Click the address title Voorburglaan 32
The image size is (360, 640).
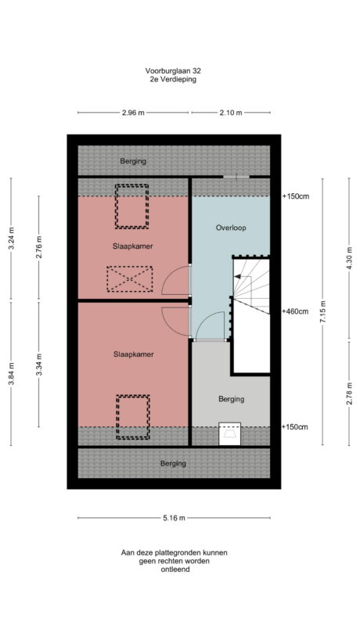pyautogui.click(x=174, y=70)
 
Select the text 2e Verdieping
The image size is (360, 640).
pyautogui.click(x=174, y=79)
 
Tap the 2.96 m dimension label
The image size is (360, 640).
pyautogui.click(x=133, y=113)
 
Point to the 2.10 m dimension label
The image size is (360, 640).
pyautogui.click(x=230, y=113)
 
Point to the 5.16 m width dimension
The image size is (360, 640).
pyautogui.click(x=174, y=517)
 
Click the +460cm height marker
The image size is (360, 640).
pyautogui.click(x=294, y=311)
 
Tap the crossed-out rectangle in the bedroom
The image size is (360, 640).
pyautogui.click(x=130, y=279)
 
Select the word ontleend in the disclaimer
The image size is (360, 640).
pyautogui.click(x=174, y=570)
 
